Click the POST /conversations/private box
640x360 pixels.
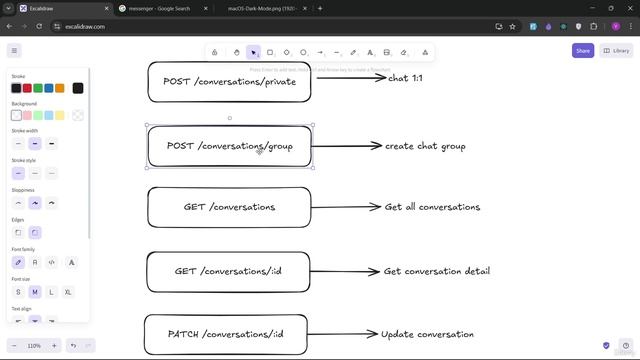[x=229, y=81]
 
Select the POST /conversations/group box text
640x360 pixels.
[x=229, y=146]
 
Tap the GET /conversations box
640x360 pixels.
[x=229, y=207]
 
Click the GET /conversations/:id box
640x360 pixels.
[x=229, y=271]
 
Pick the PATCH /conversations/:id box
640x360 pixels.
[x=225, y=334]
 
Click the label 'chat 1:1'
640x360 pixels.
[x=405, y=77]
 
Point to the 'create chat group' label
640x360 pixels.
[x=425, y=146]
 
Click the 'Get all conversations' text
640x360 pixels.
[x=432, y=207]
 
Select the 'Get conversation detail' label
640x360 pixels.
[x=436, y=271]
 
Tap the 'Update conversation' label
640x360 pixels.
[x=427, y=334]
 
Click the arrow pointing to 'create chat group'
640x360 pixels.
[x=347, y=146]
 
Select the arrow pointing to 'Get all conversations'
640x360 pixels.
[x=347, y=207]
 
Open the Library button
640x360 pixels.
[x=617, y=50]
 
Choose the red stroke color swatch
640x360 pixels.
[x=27, y=88]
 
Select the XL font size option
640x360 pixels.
[x=68, y=292]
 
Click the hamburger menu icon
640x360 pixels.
[x=14, y=50]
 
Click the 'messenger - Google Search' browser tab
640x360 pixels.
[x=160, y=8]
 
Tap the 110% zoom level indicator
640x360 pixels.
[x=33, y=345]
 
